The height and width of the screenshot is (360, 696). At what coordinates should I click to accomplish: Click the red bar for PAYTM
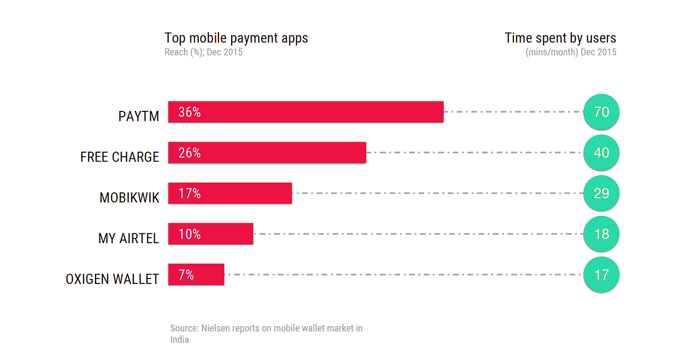pos(306,112)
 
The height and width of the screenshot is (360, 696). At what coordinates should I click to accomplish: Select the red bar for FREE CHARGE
pos(267,153)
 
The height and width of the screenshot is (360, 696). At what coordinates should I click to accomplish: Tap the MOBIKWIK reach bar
pos(230,193)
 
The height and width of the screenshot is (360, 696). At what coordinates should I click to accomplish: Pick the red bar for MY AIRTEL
pos(211,234)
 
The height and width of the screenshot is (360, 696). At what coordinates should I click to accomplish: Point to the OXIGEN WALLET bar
pos(196,274)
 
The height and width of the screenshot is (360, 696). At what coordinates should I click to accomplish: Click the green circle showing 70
pos(601,112)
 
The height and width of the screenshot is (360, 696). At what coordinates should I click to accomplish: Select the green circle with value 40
pos(601,153)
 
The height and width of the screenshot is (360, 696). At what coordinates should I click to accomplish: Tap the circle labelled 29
pos(601,193)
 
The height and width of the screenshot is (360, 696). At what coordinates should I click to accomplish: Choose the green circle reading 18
pos(601,234)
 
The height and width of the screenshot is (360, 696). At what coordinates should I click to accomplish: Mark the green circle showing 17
pos(601,274)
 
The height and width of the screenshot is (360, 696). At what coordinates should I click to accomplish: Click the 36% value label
pos(189,112)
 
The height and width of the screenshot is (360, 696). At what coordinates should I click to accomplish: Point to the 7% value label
pos(186,274)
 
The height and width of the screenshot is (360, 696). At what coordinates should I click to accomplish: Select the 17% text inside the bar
pos(189,193)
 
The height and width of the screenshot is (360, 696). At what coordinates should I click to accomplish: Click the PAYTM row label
pos(139,116)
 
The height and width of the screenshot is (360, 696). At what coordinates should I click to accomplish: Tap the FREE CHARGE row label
pos(120,157)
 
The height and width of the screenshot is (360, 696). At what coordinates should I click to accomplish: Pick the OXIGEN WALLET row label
pos(112,279)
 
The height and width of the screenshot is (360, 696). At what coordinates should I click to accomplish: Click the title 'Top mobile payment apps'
pos(236,38)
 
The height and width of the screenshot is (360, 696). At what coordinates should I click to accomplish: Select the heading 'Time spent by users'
pos(560,38)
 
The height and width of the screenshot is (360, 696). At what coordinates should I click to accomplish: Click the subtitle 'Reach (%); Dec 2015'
pos(203,52)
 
